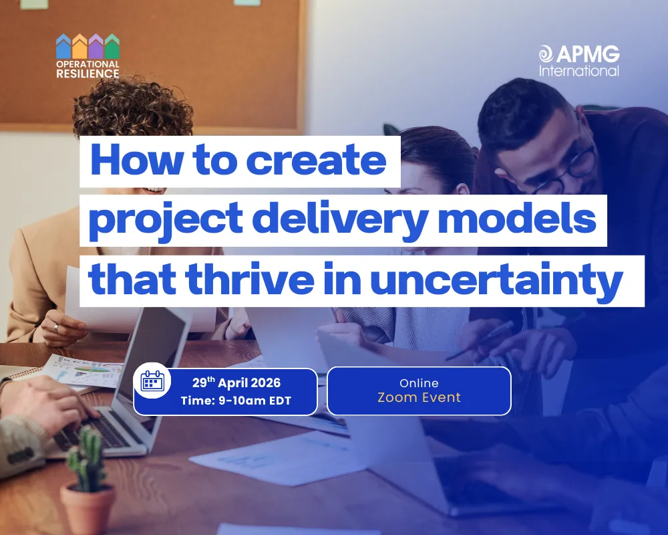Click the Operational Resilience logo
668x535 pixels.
[88, 56]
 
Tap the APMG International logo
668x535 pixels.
[579, 60]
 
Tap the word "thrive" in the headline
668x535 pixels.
[259, 280]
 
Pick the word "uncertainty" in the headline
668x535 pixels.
[496, 282]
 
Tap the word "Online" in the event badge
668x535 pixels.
[419, 383]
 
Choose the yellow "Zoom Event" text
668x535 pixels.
[419, 398]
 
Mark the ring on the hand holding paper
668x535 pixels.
[57, 327]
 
